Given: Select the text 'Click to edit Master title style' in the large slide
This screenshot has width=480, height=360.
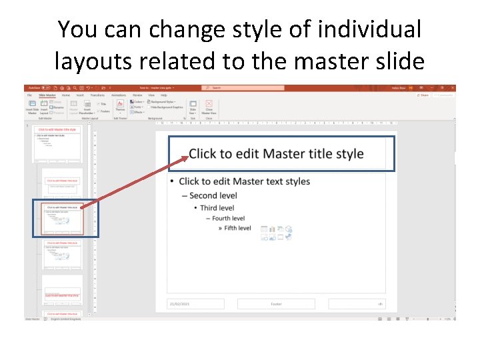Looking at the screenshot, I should [x=276, y=154].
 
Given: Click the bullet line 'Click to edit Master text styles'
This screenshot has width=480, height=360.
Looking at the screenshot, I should [x=244, y=181].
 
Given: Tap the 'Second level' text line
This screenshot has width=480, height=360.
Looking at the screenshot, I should [x=213, y=195].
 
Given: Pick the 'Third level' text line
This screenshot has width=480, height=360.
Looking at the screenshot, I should [x=217, y=207].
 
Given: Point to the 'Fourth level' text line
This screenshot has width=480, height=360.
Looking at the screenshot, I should [x=228, y=218].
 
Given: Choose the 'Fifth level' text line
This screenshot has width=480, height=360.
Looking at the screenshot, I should [x=237, y=228].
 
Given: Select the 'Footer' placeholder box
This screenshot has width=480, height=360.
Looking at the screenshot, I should [x=276, y=304].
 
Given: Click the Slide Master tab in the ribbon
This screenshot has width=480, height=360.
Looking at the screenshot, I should [x=47, y=95].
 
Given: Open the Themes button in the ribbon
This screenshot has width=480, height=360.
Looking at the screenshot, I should [x=120, y=107].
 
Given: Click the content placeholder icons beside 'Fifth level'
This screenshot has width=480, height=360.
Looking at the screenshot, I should [x=276, y=233].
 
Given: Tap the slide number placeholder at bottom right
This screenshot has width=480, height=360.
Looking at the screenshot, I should [x=356, y=304].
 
